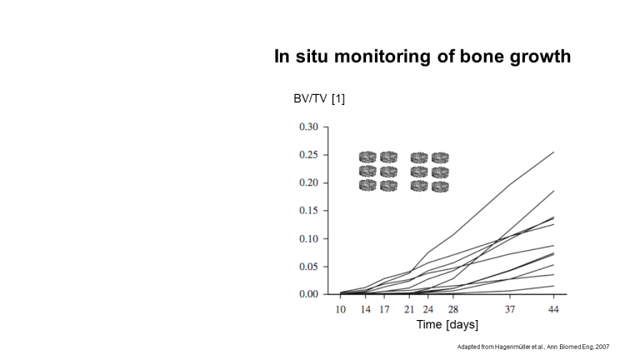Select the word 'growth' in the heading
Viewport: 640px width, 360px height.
pyautogui.click(x=540, y=57)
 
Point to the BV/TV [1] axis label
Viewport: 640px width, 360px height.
pyautogui.click(x=319, y=99)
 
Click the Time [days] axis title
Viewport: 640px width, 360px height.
pyautogui.click(x=447, y=324)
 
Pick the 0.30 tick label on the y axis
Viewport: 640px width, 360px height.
pyautogui.click(x=308, y=127)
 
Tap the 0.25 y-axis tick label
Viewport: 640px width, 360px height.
pyautogui.click(x=308, y=155)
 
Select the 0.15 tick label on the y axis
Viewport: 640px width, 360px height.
pyautogui.click(x=308, y=211)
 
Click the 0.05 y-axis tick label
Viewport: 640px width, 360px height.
pyautogui.click(x=308, y=267)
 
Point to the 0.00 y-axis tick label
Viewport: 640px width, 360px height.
pyautogui.click(x=308, y=294)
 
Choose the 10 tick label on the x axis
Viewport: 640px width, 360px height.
pyautogui.click(x=340, y=310)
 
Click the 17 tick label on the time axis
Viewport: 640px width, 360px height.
pyautogui.click(x=384, y=310)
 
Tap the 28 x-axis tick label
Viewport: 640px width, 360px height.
pyautogui.click(x=453, y=310)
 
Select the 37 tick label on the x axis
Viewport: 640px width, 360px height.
pyautogui.click(x=510, y=310)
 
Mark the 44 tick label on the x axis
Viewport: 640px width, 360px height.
pyautogui.click(x=553, y=310)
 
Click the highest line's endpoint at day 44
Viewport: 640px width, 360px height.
pyautogui.click(x=554, y=152)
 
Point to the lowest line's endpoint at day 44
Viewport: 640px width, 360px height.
pyautogui.click(x=554, y=286)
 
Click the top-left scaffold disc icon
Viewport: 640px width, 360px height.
pyautogui.click(x=367, y=157)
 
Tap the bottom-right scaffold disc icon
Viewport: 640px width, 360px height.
pyautogui.click(x=440, y=187)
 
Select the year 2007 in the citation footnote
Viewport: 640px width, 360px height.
pyautogui.click(x=602, y=347)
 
